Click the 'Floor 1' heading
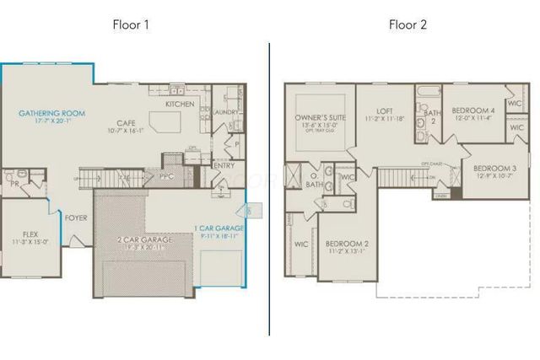click(131, 24)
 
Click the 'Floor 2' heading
click(408, 24)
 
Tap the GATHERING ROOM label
click(52, 112)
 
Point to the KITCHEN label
click(180, 104)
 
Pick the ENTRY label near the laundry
click(224, 165)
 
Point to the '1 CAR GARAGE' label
click(219, 228)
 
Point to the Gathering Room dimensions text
click(52, 123)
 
